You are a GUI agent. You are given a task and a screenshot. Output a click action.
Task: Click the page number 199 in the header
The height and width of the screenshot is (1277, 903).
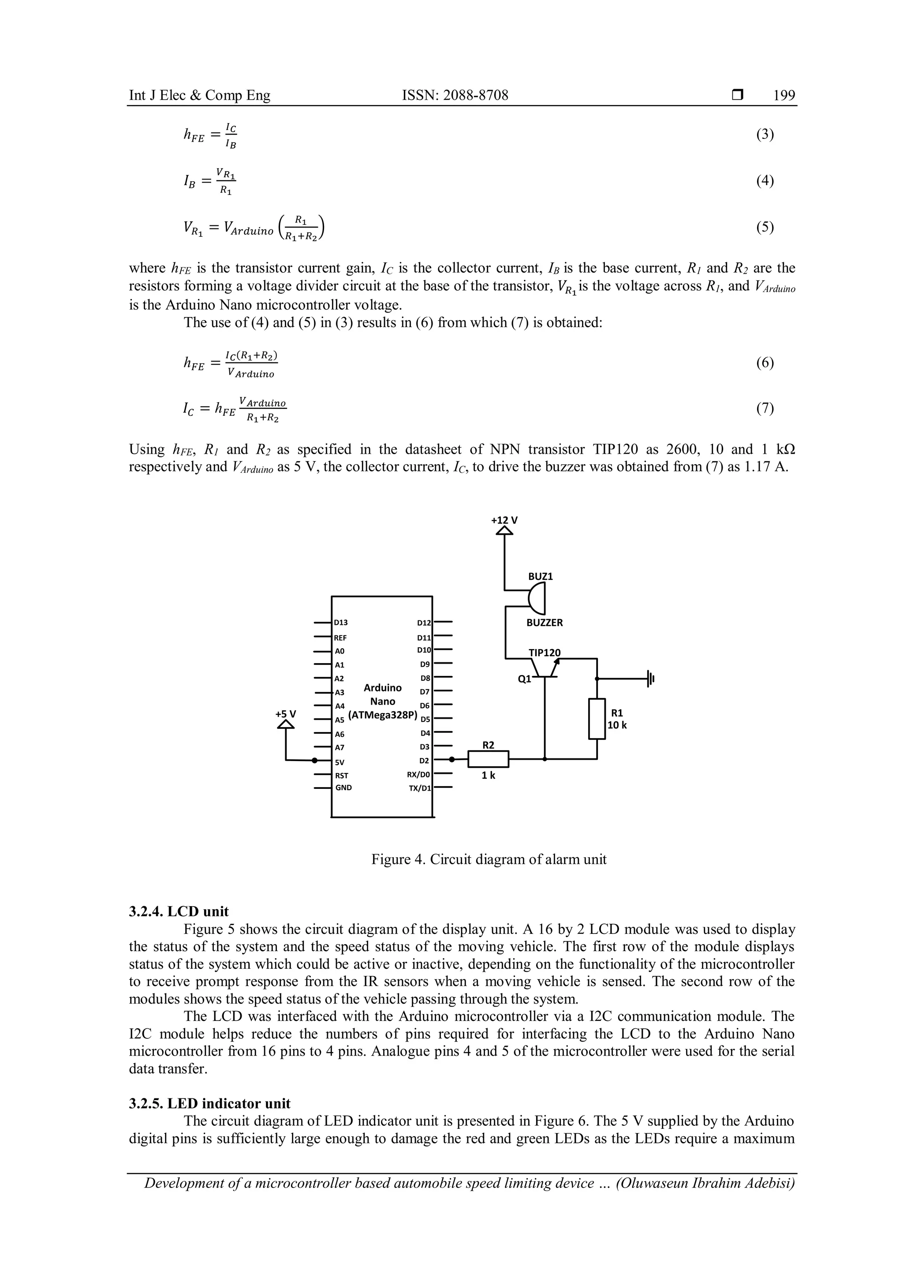(784, 96)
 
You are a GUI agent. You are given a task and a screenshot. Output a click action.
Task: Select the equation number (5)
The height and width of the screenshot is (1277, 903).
(765, 227)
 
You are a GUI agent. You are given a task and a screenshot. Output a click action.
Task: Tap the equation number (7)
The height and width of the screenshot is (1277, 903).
(765, 409)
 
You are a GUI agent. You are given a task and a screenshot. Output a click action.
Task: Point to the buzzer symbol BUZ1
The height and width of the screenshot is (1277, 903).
(537, 599)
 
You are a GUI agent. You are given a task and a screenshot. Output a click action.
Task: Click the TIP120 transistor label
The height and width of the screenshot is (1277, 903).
(545, 653)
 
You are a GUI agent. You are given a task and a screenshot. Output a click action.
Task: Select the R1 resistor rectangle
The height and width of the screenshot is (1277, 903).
(597, 719)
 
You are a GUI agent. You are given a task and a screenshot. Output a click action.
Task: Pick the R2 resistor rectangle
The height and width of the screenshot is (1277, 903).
(488, 758)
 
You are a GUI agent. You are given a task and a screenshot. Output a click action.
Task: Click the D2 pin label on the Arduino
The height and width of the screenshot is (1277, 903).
(424, 760)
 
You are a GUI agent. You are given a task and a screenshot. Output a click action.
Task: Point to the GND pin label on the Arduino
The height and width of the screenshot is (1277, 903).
(343, 788)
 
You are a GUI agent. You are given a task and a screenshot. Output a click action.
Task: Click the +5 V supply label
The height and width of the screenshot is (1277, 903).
(286, 713)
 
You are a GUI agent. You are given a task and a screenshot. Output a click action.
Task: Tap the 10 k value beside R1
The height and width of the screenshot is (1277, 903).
(617, 725)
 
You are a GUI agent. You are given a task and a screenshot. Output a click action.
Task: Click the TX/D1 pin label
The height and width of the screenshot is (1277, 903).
(419, 788)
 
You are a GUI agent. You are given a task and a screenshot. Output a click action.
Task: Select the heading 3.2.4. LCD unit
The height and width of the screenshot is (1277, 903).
(179, 911)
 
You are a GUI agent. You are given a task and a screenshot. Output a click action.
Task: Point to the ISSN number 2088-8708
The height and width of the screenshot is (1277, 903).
(455, 96)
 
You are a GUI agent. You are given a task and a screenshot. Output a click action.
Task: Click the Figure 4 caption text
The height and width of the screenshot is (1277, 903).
(489, 859)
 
